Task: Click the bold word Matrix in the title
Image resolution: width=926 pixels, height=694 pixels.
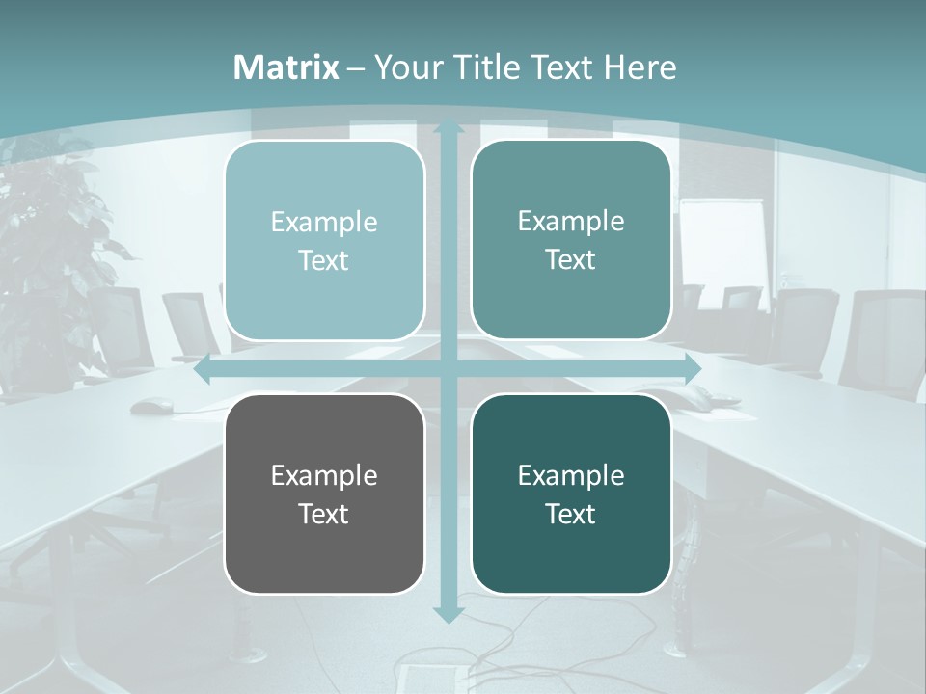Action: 286,67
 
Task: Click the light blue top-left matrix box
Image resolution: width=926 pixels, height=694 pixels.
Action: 324,241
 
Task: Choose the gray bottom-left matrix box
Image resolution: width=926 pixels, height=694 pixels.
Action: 324,494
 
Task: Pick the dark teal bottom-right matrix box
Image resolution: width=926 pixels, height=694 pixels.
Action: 571,494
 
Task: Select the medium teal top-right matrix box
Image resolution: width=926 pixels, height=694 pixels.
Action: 571,240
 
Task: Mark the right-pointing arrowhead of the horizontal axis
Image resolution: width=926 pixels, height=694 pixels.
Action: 692,369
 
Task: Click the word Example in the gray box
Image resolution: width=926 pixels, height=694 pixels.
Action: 324,475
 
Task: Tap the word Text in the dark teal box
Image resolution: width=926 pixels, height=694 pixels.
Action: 571,514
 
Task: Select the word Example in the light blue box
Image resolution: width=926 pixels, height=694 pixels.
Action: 324,223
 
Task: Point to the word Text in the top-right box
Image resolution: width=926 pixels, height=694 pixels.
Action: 571,259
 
